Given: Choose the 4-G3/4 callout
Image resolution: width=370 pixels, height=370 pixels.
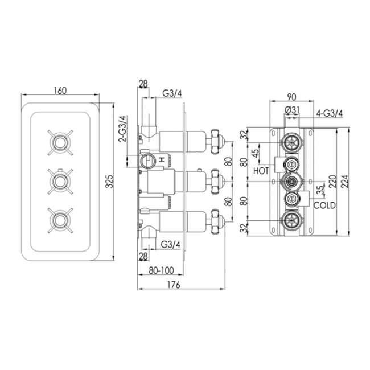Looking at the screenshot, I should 328,113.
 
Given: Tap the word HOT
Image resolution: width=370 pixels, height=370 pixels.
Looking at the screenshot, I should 261,170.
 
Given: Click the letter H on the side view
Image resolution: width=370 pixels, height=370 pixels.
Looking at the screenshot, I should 162,161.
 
